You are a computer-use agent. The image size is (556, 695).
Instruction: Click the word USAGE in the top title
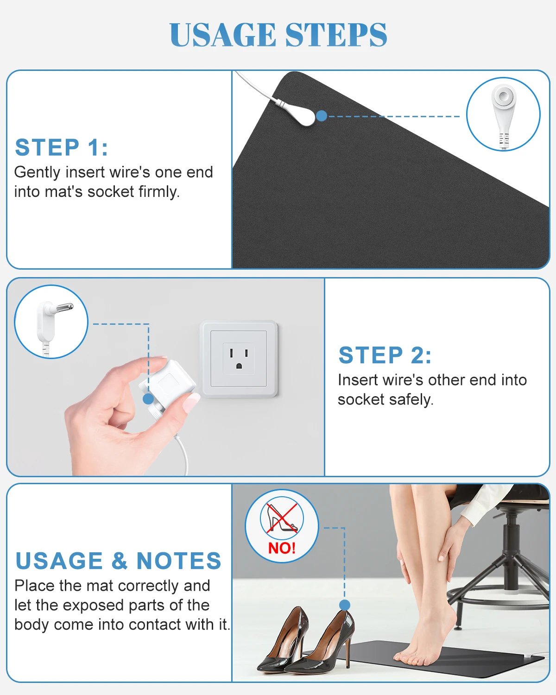point(223,35)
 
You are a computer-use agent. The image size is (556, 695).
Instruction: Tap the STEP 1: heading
point(62,148)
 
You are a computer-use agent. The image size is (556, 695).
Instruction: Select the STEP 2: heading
point(385,355)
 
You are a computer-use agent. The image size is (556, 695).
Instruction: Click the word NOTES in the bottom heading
point(179,561)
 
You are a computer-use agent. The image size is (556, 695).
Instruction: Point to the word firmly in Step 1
point(159,192)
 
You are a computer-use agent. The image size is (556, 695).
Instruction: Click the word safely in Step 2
point(411,399)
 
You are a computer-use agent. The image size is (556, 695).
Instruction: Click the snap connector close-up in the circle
point(503,109)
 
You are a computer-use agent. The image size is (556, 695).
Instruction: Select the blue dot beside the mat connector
point(322,116)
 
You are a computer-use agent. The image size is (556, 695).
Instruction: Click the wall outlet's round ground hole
point(239,366)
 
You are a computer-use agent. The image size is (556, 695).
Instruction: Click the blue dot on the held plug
point(148,398)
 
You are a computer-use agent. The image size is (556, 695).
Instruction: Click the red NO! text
point(282,548)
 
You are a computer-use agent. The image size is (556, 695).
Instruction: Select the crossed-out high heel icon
point(282,518)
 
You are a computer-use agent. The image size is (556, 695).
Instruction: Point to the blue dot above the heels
point(344,605)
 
